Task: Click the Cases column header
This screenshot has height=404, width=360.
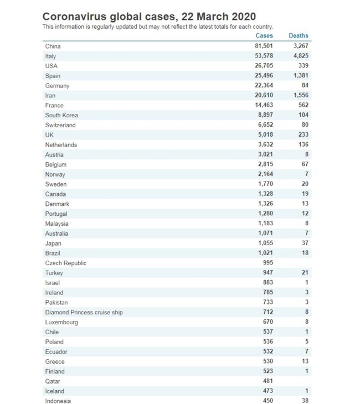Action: coord(264,35)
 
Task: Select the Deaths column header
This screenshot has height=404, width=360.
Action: coord(299,35)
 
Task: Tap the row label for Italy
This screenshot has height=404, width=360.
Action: coord(50,56)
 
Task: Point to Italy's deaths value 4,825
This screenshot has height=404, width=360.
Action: coord(299,56)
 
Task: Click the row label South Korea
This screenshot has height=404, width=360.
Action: coord(61,115)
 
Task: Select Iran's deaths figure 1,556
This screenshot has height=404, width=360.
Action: coord(299,96)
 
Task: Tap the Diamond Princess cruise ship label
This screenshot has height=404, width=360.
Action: coord(84,312)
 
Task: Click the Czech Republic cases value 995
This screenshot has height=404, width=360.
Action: coord(268,263)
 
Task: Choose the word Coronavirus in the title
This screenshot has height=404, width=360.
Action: coord(78,17)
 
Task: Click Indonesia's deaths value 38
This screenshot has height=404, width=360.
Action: coord(305,401)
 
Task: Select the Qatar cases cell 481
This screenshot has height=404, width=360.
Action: coord(268,381)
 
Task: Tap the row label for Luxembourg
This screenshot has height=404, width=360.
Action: coord(61,322)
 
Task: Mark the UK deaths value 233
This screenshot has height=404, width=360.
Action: coord(302,135)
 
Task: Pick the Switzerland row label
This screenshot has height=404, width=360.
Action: coord(60,125)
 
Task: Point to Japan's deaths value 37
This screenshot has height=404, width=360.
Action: coord(305,244)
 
